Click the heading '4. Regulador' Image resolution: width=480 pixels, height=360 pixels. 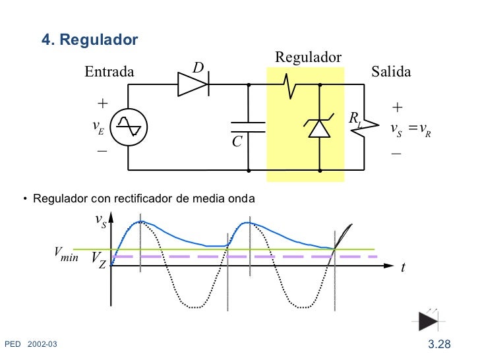click(x=90, y=40)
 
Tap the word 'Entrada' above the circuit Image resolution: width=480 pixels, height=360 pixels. click(x=109, y=72)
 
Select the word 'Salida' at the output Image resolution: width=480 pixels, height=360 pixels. click(x=391, y=72)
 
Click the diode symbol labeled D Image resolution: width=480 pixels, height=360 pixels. click(x=193, y=84)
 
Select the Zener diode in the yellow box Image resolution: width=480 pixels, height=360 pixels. click(x=320, y=127)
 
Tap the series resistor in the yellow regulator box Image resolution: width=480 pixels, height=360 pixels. click(x=289, y=84)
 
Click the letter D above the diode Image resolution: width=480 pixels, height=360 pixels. click(x=198, y=68)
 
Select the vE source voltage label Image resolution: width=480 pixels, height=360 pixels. click(x=98, y=127)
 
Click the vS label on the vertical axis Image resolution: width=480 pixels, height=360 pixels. click(x=100, y=220)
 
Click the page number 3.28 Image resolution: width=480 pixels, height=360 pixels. click(x=439, y=344)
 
